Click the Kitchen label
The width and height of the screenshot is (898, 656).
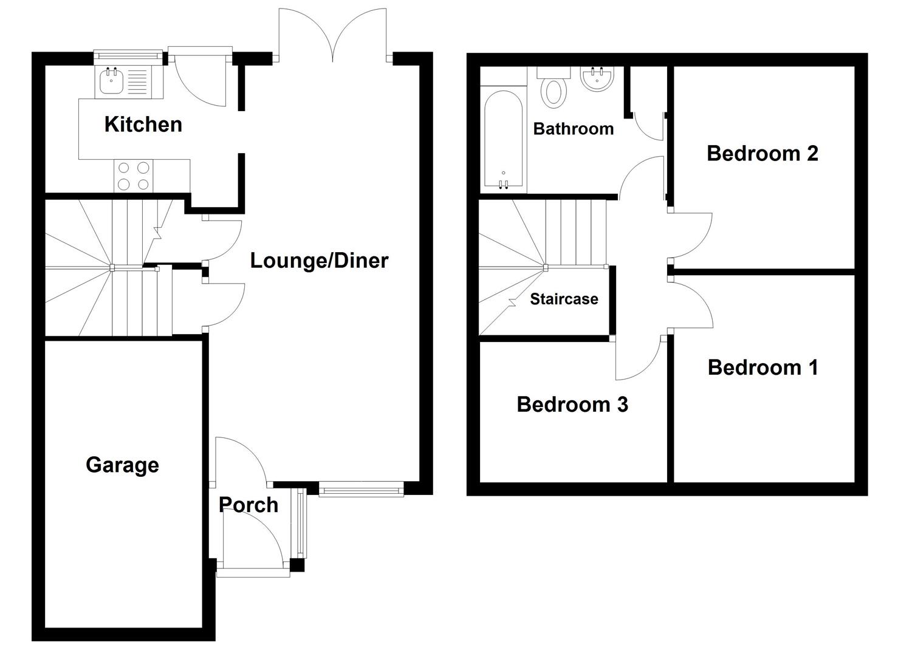[x=143, y=125]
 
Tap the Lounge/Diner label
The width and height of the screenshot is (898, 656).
[x=319, y=261]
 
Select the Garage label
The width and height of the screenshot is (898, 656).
[x=122, y=465]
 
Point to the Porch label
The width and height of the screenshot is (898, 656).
[x=248, y=505]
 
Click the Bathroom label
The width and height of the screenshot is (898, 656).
[x=574, y=129]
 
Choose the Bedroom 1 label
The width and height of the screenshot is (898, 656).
[x=763, y=367]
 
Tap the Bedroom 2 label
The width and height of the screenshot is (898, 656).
[x=762, y=154]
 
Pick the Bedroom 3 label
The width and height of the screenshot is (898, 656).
[x=572, y=405]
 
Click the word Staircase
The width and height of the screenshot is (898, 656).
[x=564, y=299]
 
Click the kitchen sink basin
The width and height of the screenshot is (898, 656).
[x=111, y=81]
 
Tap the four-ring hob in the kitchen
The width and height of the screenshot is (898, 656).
[x=134, y=176]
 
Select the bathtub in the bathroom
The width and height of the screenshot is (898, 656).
[x=503, y=139]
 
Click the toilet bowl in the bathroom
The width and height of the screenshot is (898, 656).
[x=554, y=93]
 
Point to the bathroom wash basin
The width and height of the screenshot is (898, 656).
[x=597, y=78]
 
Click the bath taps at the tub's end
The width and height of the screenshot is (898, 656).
[x=503, y=184]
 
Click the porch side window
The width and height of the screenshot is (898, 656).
[x=301, y=524]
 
